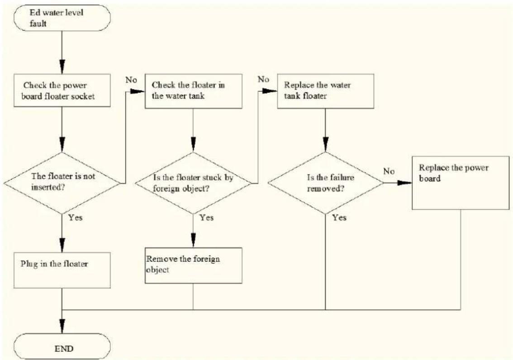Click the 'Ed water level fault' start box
click(x=62, y=18)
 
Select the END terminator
click(x=62, y=348)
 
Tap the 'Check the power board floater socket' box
click(x=62, y=90)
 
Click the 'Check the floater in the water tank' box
click(x=193, y=91)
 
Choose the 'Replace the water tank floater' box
click(x=326, y=91)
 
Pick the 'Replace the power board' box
click(x=461, y=183)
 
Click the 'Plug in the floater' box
click(x=62, y=270)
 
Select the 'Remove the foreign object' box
click(x=193, y=265)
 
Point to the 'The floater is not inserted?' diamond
click(x=62, y=183)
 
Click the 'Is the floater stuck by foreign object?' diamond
click(x=193, y=183)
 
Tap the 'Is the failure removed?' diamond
click(x=326, y=183)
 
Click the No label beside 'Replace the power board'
click(x=389, y=171)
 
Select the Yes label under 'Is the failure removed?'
click(x=339, y=218)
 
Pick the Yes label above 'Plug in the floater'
click(x=76, y=218)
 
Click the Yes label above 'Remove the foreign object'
click(x=207, y=218)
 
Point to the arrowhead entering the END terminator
click(x=62, y=327)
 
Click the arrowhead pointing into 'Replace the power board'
click(x=405, y=183)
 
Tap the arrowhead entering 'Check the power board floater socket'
click(x=62, y=66)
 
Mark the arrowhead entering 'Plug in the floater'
click(x=62, y=245)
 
